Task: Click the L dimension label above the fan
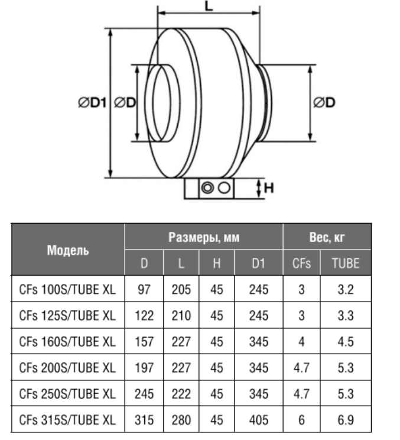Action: [209, 5]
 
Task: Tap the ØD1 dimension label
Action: [93, 103]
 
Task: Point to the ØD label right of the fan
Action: [324, 102]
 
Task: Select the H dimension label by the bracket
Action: [268, 187]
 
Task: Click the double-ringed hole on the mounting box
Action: [207, 187]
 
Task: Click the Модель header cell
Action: [68, 250]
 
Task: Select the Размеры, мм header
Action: [204, 237]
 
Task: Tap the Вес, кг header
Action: [327, 237]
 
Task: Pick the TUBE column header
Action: [346, 263]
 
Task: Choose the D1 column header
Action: [258, 263]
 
